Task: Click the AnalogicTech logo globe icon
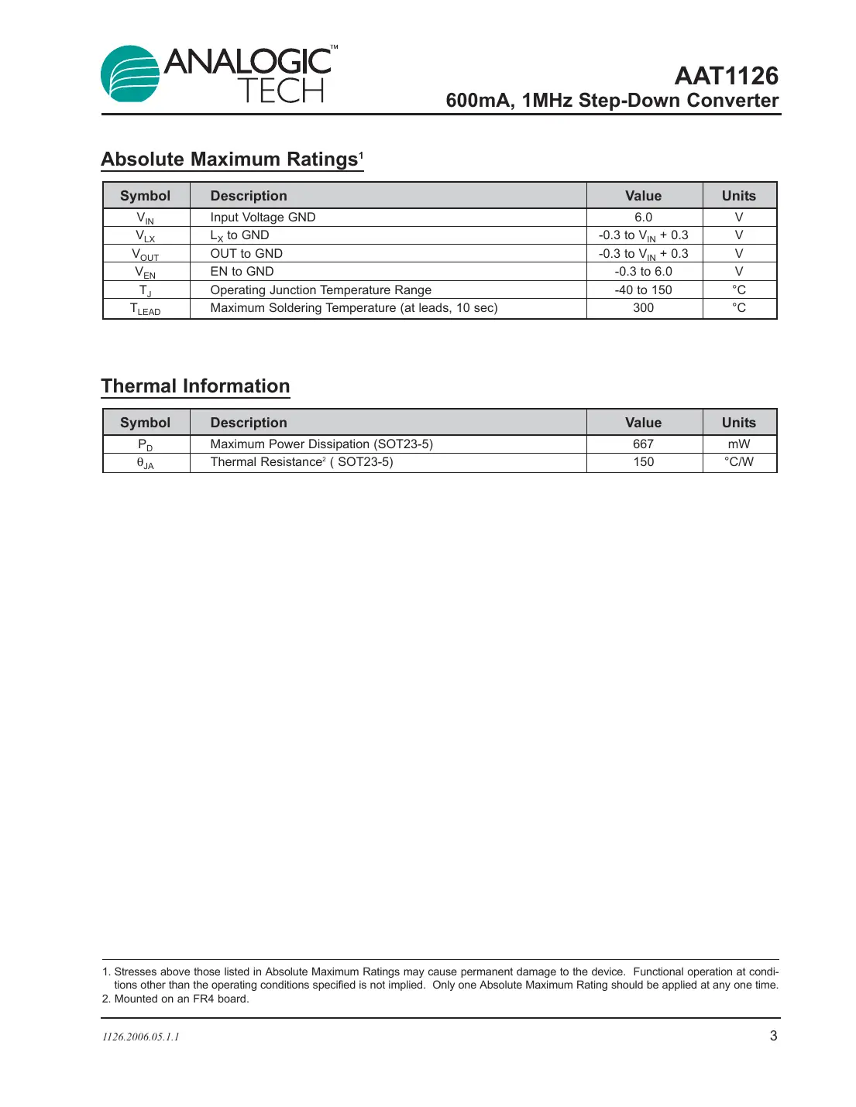click(130, 74)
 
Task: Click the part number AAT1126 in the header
click(726, 76)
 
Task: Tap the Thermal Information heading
click(195, 386)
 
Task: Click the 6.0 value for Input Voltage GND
click(643, 218)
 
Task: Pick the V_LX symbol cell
click(146, 236)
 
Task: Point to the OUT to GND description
click(246, 254)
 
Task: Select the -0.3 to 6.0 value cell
click(643, 272)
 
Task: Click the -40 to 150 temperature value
click(643, 290)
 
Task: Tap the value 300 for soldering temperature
click(643, 308)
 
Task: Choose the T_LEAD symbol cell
click(146, 309)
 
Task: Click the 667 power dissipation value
click(643, 444)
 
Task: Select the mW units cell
click(739, 444)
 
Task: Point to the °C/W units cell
click(739, 462)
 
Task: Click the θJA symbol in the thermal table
click(146, 463)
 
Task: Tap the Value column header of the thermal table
click(643, 423)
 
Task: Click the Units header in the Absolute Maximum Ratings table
click(739, 196)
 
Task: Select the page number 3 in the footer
click(773, 1036)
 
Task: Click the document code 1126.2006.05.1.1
click(141, 1037)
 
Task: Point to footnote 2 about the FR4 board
click(176, 999)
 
